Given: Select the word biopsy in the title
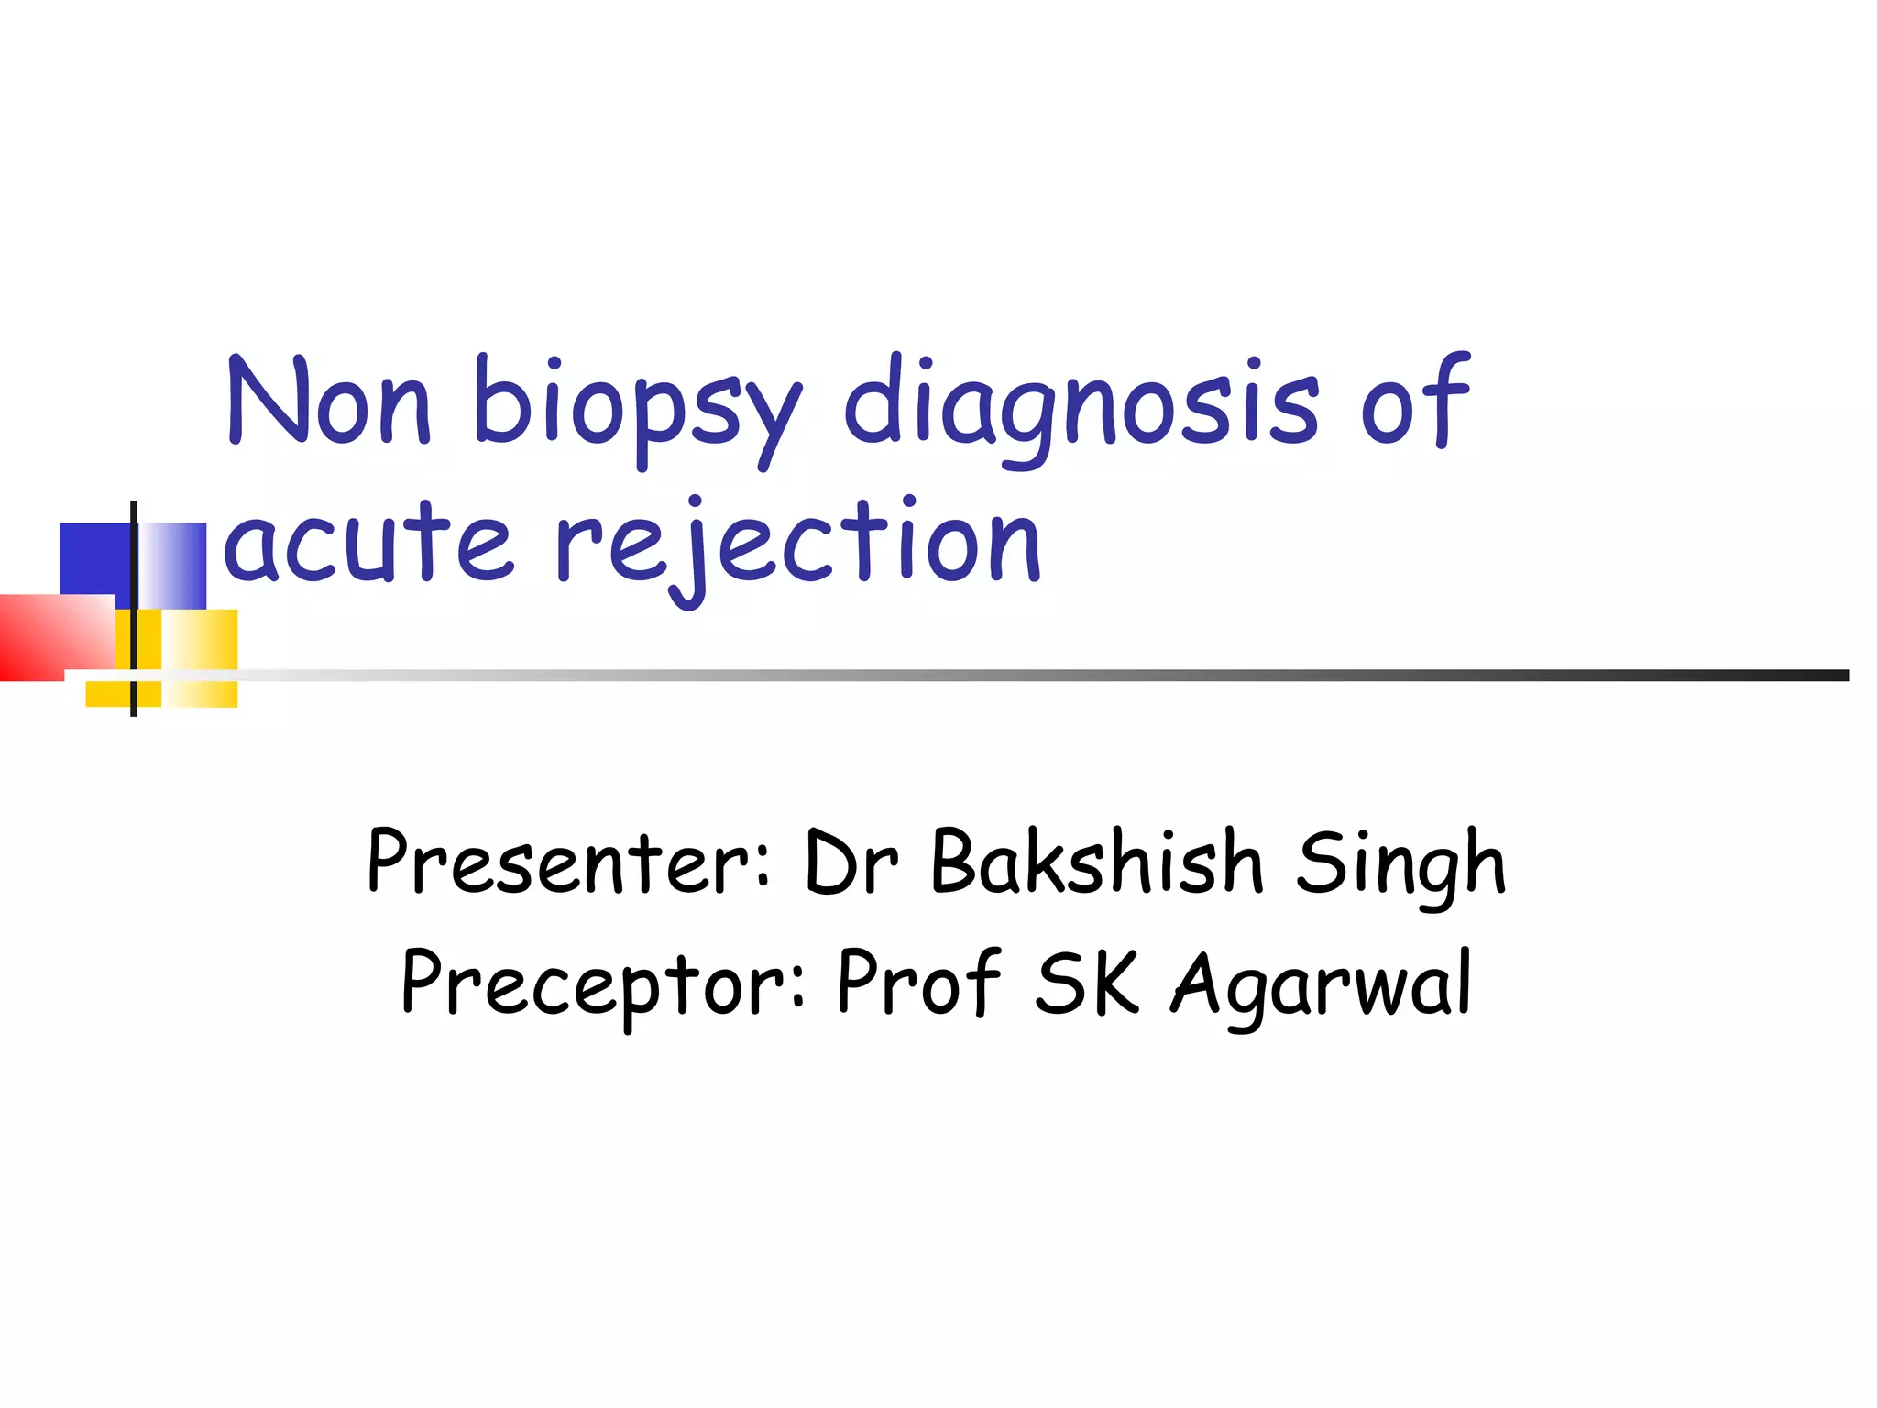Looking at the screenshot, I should (636, 408).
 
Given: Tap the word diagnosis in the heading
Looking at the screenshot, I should (1081, 408).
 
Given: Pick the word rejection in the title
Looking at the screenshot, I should (797, 545).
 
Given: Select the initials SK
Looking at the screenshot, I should (1087, 983).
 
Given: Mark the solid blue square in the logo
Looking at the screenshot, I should (93, 559).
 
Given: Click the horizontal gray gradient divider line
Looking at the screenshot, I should (1008, 676).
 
